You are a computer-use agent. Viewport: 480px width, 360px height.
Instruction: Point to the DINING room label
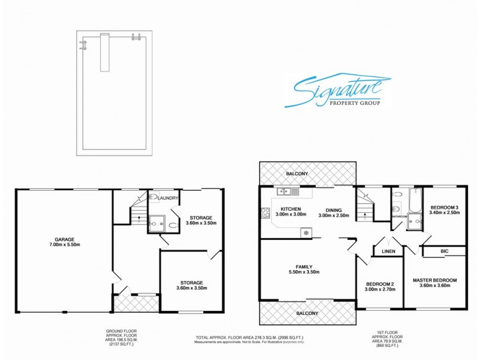tap(329, 208)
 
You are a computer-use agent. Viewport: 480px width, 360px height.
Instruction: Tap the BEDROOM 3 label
tap(445, 207)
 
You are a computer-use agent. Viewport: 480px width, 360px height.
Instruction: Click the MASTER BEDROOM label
tap(435, 280)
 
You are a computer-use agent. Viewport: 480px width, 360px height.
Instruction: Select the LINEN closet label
tap(388, 251)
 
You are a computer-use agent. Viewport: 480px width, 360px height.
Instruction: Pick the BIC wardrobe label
tap(444, 251)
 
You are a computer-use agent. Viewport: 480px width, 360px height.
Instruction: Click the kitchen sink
tap(286, 191)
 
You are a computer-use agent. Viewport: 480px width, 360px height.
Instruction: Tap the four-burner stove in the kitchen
tap(265, 212)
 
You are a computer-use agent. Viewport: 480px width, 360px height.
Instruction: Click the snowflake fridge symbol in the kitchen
tap(305, 232)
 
